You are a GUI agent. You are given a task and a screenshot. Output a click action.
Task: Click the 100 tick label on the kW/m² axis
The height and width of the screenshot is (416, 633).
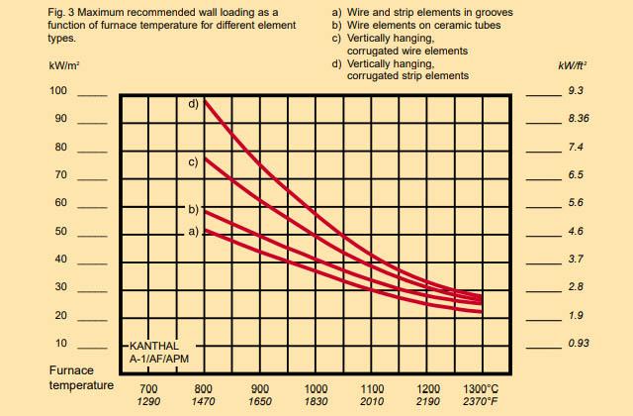58,91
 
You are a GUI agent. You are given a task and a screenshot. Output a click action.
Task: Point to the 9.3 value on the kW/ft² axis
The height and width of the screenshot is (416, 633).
577,91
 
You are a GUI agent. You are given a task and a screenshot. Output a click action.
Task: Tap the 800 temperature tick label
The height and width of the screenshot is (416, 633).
204,388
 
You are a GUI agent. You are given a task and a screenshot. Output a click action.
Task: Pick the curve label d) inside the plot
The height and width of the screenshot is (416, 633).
194,102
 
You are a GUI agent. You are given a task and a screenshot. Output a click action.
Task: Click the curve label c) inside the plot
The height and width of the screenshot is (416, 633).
194,160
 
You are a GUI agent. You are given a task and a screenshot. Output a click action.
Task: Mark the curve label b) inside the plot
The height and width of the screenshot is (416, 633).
194,209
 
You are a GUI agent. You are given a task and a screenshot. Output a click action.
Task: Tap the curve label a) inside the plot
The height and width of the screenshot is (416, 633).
194,231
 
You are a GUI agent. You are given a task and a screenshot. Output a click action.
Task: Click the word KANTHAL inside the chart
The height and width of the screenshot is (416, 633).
155,347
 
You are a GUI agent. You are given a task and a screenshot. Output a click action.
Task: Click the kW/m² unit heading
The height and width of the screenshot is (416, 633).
63,66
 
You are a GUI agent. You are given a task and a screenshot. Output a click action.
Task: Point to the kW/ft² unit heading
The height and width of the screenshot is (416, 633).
573,66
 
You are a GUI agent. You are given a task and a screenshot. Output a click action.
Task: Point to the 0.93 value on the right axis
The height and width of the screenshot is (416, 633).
579,343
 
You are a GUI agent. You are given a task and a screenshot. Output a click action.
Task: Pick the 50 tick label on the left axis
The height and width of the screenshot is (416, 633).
60,231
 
